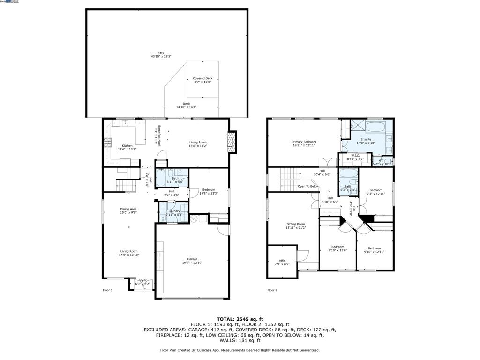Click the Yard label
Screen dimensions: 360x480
click(x=161, y=53)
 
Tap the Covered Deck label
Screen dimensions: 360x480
click(x=202, y=78)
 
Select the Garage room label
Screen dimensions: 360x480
click(x=192, y=259)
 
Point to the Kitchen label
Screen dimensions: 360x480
click(x=127, y=146)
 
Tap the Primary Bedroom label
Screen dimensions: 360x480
click(x=304, y=142)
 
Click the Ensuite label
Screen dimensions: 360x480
click(x=366, y=139)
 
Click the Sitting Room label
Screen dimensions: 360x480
click(x=296, y=224)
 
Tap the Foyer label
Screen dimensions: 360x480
click(x=142, y=280)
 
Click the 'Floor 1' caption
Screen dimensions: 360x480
click(x=108, y=290)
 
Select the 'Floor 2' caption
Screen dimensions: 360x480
click(x=272, y=290)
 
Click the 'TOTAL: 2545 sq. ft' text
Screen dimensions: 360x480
click(x=240, y=319)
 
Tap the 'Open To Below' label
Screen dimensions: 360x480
click(x=308, y=186)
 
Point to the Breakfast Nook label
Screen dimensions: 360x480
click(x=159, y=136)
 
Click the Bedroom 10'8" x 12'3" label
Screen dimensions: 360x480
click(x=209, y=190)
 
